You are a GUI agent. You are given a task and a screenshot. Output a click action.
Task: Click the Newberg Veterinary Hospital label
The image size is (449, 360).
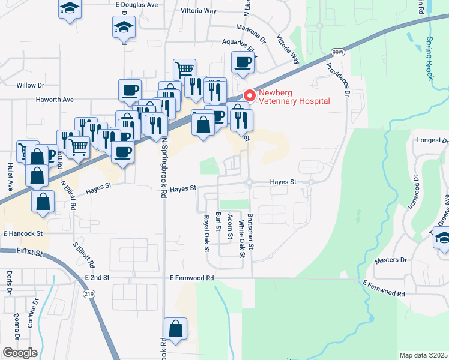click(294, 97)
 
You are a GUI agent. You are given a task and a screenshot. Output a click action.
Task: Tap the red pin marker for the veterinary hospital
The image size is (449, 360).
click(250, 95)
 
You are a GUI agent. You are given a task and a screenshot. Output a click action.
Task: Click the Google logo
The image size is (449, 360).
click(20, 353)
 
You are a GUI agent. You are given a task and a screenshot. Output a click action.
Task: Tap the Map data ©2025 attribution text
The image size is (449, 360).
click(423, 355)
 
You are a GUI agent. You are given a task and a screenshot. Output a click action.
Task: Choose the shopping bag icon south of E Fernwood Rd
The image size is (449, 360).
click(175, 329)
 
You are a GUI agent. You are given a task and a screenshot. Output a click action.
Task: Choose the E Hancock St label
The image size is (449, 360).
click(23, 233)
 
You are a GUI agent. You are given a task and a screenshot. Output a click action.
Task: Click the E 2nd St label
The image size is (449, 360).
click(97, 278)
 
